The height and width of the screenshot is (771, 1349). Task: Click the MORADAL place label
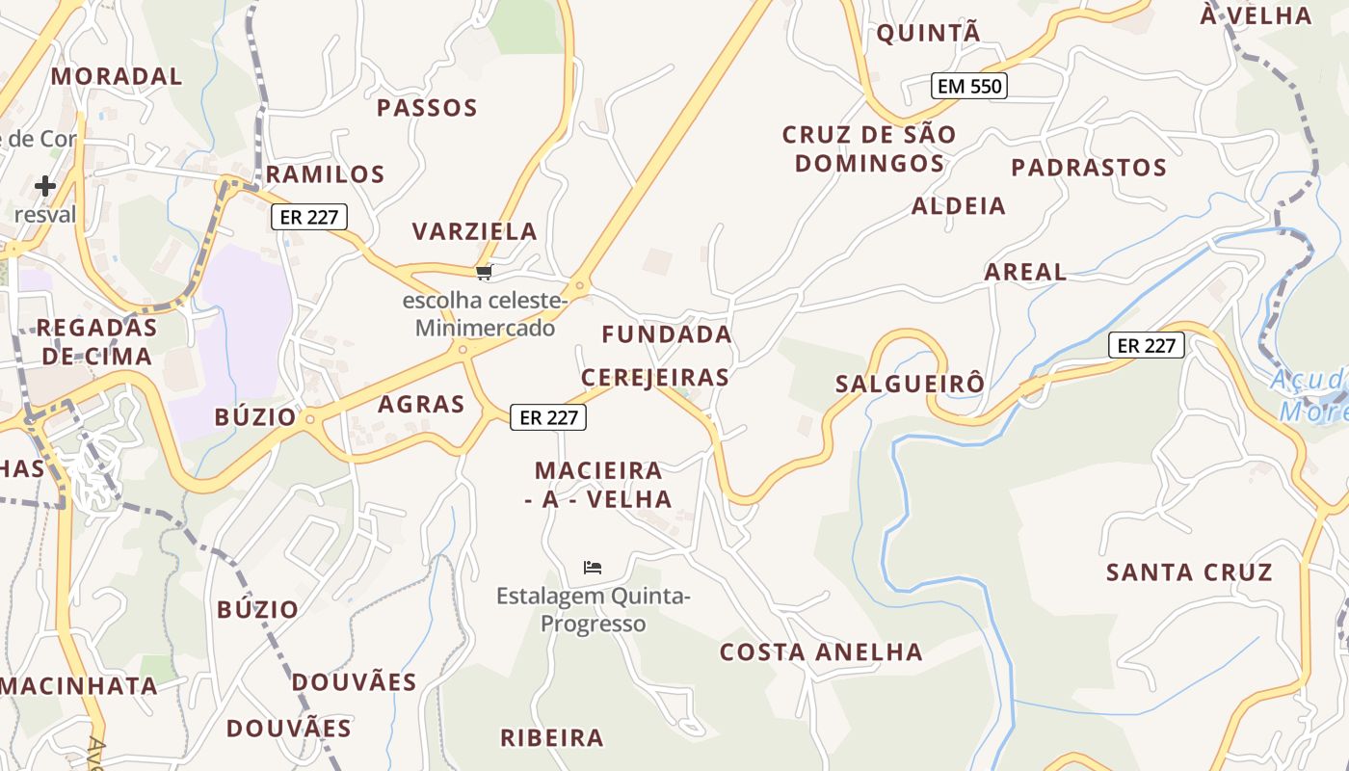[117, 76]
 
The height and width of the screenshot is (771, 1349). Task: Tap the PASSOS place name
[427, 107]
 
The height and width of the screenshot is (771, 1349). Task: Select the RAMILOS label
[325, 174]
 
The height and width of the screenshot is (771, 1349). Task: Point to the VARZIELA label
[475, 231]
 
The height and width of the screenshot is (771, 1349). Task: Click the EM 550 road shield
[970, 86]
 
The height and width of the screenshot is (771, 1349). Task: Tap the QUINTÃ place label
[928, 33]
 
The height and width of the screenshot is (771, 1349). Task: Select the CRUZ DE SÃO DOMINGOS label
[869, 148]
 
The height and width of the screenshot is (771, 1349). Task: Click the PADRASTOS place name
[1089, 168]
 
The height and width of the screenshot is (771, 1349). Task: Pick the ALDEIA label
[959, 205]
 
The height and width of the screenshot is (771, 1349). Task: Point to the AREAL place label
[1025, 272]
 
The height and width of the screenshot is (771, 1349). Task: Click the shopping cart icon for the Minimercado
[485, 273]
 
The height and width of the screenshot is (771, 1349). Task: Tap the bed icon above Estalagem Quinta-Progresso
[593, 568]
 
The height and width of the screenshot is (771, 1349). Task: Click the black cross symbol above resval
[45, 186]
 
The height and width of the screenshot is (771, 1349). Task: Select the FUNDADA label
[667, 334]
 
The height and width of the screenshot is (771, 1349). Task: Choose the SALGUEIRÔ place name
[911, 384]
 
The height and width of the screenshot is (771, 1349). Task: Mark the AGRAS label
[421, 404]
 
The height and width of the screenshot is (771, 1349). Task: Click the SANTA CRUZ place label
[1189, 572]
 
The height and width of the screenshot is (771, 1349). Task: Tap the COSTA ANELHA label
[821, 652]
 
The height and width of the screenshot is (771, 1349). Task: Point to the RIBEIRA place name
[552, 738]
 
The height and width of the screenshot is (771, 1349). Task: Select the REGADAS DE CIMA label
[96, 342]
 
